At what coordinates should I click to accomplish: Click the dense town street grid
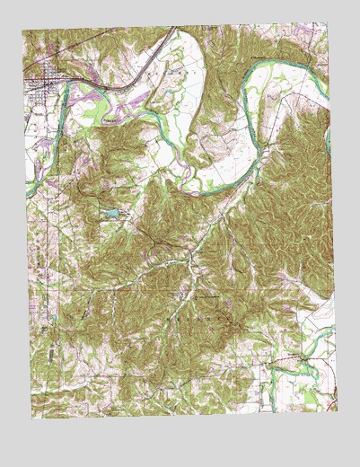click(43, 90)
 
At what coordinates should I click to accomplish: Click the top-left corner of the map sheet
click(24, 30)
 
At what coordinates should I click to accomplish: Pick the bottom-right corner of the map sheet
click(338, 410)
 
